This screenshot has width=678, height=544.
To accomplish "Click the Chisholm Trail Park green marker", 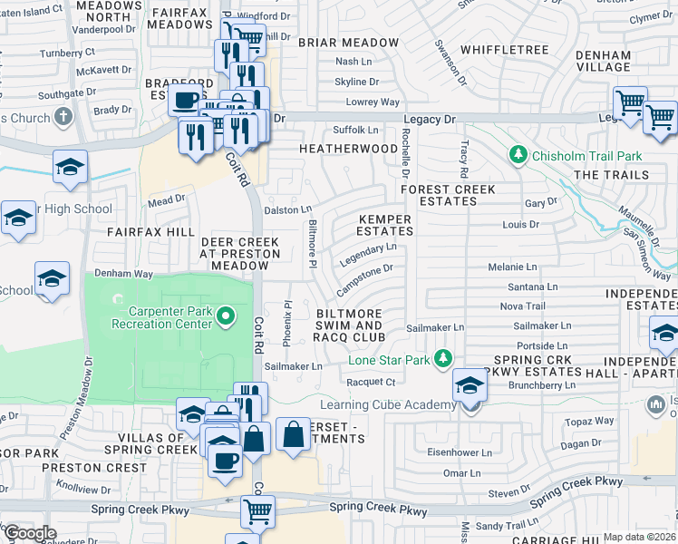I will (518, 156).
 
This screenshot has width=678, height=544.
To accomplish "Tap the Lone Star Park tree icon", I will (443, 359).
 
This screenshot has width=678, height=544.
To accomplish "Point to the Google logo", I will (29, 533).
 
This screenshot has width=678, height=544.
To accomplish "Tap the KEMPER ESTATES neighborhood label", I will (385, 225).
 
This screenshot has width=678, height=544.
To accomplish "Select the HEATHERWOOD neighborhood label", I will (348, 148).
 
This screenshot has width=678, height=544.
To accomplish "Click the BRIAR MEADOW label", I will (348, 43).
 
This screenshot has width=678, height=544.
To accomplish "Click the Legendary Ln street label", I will (368, 253).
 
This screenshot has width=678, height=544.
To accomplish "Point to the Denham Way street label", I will (124, 272).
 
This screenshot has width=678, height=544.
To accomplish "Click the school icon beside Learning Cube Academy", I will (470, 385).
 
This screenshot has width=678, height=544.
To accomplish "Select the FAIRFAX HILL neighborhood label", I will (150, 233).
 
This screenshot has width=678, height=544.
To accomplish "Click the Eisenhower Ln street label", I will (461, 452).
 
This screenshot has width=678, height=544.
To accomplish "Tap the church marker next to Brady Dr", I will (63, 117).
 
